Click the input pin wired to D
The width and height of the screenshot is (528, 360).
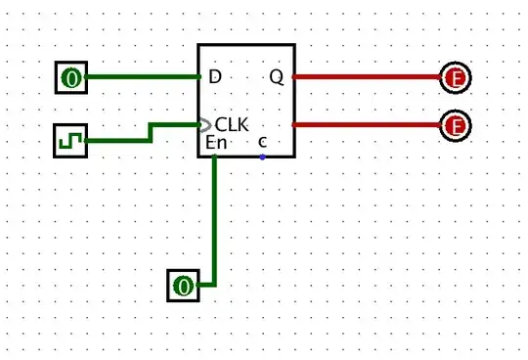click(70, 77)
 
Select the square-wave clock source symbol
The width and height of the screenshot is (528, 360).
click(70, 141)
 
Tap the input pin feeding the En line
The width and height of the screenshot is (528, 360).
click(183, 287)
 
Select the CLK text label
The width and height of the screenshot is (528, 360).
click(233, 125)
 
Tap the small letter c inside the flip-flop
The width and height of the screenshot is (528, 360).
click(262, 143)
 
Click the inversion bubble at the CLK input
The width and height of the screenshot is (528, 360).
click(203, 125)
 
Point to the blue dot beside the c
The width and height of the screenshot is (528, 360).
click(262, 156)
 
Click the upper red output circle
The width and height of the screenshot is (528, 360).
click(454, 77)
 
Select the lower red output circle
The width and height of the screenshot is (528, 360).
click(454, 125)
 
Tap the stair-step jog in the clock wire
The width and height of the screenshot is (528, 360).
click(151, 133)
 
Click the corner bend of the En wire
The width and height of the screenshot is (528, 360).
click(214, 286)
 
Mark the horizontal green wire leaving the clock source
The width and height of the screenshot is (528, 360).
click(117, 141)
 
